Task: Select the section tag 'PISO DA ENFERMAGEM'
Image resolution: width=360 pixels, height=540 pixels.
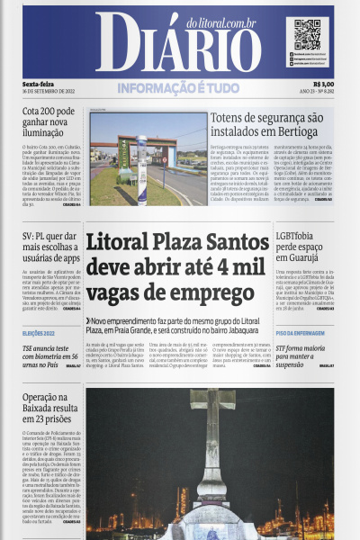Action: click(x=301, y=334)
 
